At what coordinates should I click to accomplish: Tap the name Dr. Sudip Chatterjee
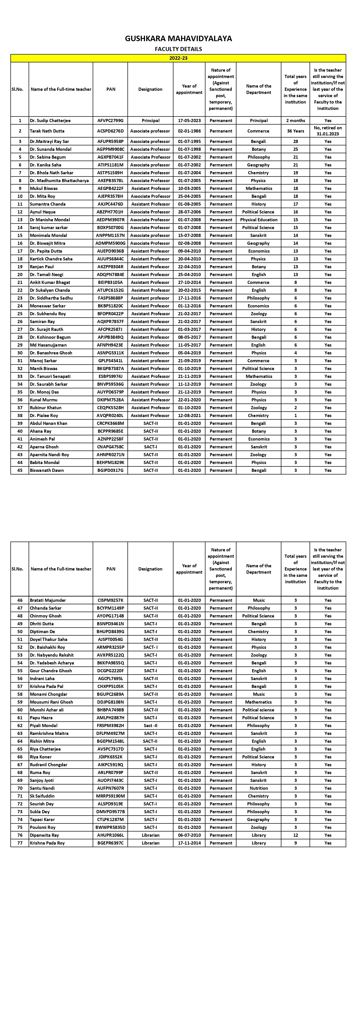[x=50, y=121]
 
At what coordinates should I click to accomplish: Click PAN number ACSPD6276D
[x=111, y=131]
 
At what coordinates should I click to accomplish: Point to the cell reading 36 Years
[x=295, y=131]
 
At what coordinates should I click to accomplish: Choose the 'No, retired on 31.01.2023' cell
[x=328, y=131]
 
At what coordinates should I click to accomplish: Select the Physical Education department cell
[x=258, y=220]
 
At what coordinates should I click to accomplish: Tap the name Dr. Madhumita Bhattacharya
[x=59, y=181]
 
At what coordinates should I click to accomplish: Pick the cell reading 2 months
[x=295, y=121]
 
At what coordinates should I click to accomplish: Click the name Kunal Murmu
[x=44, y=400]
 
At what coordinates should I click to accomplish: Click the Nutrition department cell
[x=258, y=788]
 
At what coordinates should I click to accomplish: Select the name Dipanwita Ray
[x=44, y=835]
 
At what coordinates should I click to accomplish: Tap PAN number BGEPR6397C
[x=111, y=843]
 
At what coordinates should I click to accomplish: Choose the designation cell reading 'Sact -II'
[x=150, y=726]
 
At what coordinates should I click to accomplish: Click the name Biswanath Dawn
[x=47, y=470]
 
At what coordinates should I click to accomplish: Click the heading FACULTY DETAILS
[x=178, y=49]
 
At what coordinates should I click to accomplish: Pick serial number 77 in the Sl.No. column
[x=20, y=843]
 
